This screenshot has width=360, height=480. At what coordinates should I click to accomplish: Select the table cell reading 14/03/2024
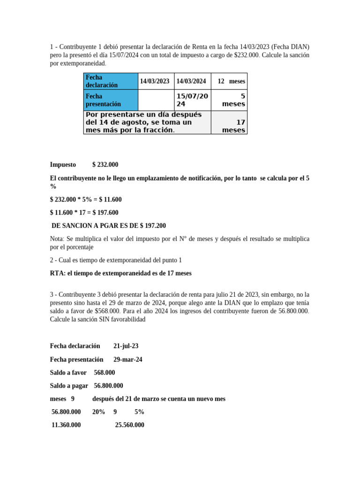[x=191, y=81]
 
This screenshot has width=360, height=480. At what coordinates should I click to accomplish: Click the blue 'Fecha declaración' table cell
[x=111, y=81]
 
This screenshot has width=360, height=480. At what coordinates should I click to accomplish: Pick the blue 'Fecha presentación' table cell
[x=111, y=100]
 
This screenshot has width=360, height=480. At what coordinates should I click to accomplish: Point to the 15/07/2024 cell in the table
[x=192, y=100]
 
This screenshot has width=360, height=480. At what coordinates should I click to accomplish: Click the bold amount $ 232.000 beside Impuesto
[x=105, y=165]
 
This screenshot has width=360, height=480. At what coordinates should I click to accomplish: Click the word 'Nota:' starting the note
[x=58, y=239]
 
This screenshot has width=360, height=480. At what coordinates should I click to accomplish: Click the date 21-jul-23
[x=126, y=346]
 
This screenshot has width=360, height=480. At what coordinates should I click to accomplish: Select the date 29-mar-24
[x=128, y=360]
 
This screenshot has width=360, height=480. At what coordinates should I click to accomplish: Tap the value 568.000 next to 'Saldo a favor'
[x=105, y=373]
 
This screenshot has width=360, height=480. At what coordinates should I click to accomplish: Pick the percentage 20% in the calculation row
[x=98, y=412]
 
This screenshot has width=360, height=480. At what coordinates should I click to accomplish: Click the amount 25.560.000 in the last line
[x=130, y=425]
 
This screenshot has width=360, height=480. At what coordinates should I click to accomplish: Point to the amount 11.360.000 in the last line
[x=66, y=425]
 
